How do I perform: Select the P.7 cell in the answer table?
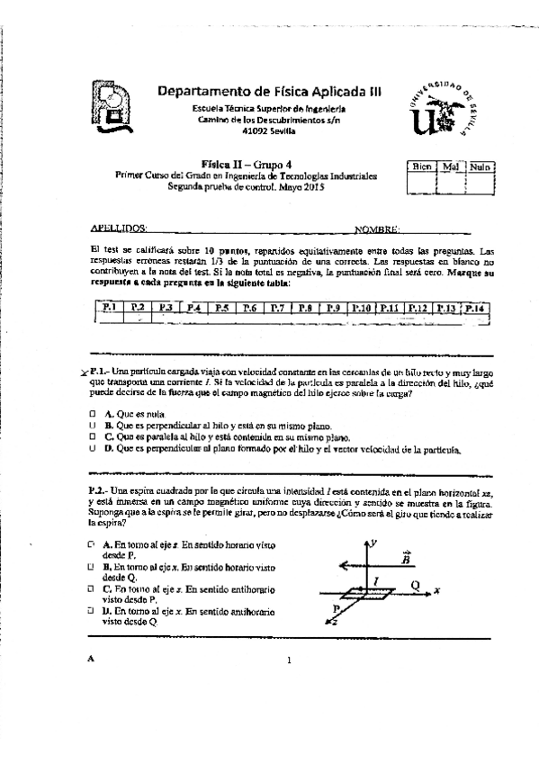click(277, 309)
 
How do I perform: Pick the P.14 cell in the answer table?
click(474, 309)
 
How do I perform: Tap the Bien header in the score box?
click(421, 166)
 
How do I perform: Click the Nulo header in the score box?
click(481, 166)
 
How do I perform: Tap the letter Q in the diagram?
click(415, 583)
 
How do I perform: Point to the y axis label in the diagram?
click(383, 543)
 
